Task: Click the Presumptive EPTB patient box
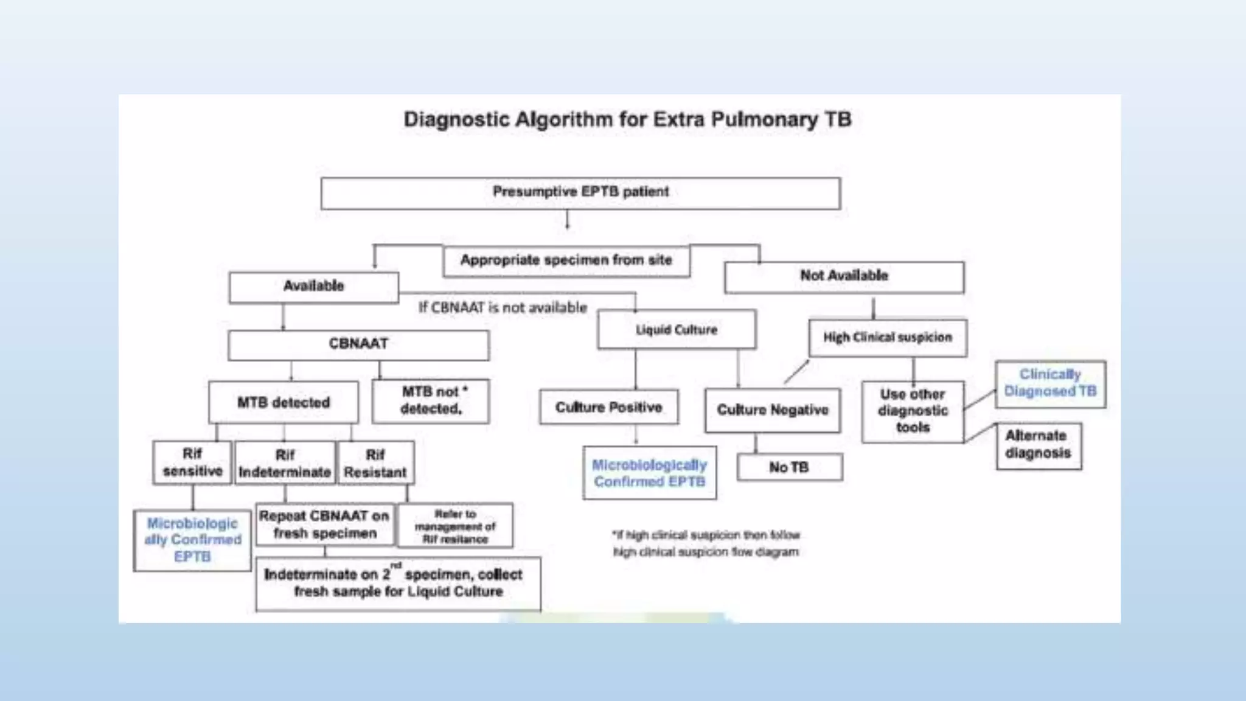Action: tap(580, 193)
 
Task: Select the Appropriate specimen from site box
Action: tap(566, 261)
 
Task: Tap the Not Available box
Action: tap(844, 277)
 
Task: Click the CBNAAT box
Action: tap(358, 344)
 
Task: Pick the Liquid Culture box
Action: tap(677, 330)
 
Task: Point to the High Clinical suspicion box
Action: tap(888, 338)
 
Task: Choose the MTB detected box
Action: tap(284, 402)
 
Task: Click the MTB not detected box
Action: tap(431, 401)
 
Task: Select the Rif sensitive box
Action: tap(192, 462)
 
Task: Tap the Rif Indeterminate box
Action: tap(285, 464)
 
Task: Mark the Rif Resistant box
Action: tap(375, 464)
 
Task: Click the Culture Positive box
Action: tap(608, 407)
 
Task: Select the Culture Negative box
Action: tap(773, 410)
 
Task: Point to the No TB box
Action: tap(789, 467)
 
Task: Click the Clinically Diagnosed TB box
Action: tap(1050, 383)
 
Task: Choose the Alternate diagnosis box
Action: tap(1038, 445)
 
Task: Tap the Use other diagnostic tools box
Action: tap(913, 411)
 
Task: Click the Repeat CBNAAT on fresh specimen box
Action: tap(324, 524)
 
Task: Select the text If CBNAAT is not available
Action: tap(503, 308)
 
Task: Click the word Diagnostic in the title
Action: tap(456, 119)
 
